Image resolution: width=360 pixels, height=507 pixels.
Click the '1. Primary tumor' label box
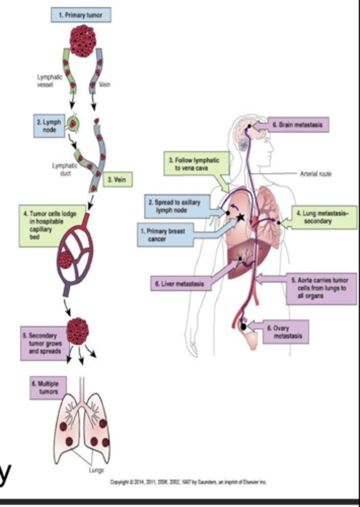coord(82,16)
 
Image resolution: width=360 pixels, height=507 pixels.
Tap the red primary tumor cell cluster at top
coord(82,42)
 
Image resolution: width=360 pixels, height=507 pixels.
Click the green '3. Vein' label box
coord(117,180)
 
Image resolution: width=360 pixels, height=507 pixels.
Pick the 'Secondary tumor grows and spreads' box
coord(41,343)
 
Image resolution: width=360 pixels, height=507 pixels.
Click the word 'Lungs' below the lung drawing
coord(96,469)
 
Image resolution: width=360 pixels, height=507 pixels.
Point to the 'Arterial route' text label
coord(315,174)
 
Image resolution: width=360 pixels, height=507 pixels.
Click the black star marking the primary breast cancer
coord(240,218)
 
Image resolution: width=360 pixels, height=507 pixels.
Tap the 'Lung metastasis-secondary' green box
coord(323,217)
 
